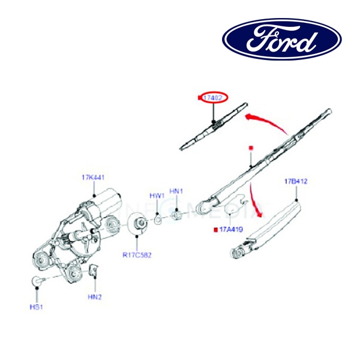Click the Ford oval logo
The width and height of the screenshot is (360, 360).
click(282, 39)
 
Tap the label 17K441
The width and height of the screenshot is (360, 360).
click(94, 178)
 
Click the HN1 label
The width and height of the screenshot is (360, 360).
click(176, 191)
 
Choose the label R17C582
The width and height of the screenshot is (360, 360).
click(137, 255)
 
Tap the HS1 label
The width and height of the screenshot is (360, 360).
click(37, 307)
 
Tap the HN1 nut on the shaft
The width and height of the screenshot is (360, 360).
click(178, 214)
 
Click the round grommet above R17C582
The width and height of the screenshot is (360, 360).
click(139, 224)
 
